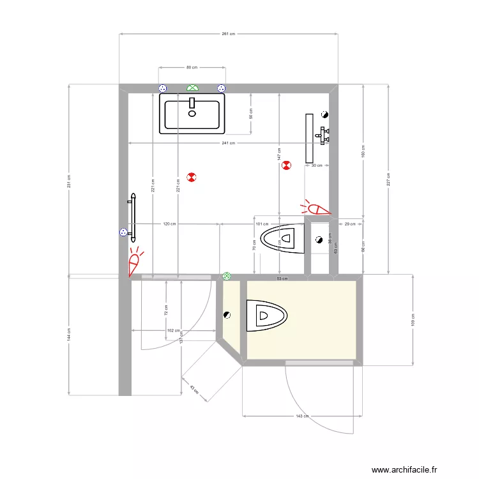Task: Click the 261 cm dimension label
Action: [228, 34]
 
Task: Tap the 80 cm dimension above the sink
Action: [192, 67]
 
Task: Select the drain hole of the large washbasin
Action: [192, 114]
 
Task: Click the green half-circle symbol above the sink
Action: [192, 87]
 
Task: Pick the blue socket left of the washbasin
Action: [162, 88]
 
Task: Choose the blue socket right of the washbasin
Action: [222, 88]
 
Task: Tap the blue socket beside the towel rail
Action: [123, 233]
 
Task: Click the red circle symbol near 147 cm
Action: [286, 165]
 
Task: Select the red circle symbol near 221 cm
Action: [191, 177]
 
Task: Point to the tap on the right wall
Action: [324, 135]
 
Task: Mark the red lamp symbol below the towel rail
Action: [135, 262]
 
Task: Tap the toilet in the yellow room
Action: [267, 316]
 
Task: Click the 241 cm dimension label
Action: [228, 143]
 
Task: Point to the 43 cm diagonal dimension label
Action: [194, 389]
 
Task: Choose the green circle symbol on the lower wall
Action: [227, 276]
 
